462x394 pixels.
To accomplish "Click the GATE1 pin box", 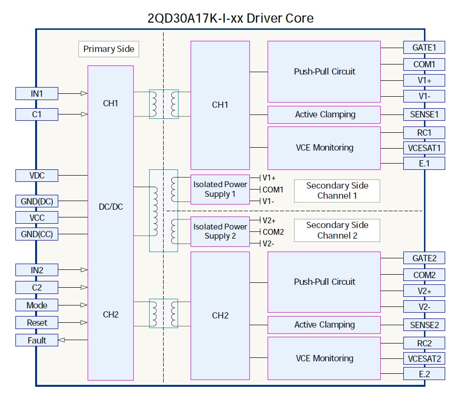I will point(424,47).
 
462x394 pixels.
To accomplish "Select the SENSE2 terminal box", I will point(424,325).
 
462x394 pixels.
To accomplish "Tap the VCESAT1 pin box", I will point(424,148).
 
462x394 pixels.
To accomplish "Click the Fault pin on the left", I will point(37,340).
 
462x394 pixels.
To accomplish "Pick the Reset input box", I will point(37,322).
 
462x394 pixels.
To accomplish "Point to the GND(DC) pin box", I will point(37,201).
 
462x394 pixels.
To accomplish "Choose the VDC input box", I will point(37,175).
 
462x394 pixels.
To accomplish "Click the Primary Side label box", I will point(108,49).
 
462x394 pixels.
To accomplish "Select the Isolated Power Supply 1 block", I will point(220,189).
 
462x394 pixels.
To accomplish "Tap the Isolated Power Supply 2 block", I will point(220,231).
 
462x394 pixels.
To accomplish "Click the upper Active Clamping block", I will point(324,114).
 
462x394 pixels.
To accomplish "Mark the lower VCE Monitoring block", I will point(324,358).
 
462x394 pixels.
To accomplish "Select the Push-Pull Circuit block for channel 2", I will point(324,281).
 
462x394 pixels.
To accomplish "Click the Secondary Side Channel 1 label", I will point(337,191).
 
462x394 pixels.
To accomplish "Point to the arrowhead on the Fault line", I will point(62,340).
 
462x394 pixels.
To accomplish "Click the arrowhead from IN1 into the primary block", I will point(84,93).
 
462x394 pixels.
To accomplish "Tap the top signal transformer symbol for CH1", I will point(164,104).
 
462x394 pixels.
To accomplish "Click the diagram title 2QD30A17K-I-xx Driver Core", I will point(231,18).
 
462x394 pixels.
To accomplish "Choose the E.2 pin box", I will point(424,373).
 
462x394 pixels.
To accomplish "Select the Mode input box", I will point(37,305).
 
